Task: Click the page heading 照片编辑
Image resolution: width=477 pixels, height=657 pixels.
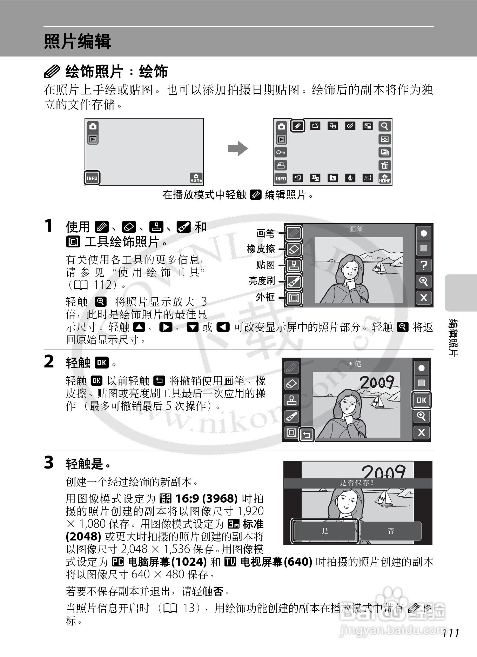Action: [78, 41]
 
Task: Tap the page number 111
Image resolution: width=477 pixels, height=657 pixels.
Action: [451, 633]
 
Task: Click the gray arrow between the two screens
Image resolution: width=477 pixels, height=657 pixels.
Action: [238, 148]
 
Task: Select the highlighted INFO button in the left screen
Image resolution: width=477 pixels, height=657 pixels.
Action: [92, 178]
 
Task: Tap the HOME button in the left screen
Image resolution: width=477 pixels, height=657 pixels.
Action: [196, 178]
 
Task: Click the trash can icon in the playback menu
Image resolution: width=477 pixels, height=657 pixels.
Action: [385, 165]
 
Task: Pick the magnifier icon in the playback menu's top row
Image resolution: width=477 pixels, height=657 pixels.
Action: [385, 126]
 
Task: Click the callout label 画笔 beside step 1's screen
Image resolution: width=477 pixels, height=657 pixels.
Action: [266, 233]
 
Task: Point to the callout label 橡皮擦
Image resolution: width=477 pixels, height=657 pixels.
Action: [261, 248]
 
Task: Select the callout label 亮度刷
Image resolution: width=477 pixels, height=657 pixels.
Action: [262, 281]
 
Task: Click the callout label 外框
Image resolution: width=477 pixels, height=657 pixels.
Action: [266, 297]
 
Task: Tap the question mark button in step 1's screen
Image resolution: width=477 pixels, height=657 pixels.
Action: [424, 265]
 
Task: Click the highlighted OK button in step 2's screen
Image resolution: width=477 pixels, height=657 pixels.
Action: [421, 400]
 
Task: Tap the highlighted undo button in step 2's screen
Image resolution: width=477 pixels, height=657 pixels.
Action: [307, 435]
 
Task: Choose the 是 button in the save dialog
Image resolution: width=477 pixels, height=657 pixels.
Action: [325, 531]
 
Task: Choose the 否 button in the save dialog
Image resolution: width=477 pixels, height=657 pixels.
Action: [391, 531]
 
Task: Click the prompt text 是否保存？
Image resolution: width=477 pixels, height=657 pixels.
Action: [357, 483]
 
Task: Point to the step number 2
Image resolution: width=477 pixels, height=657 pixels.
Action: [49, 362]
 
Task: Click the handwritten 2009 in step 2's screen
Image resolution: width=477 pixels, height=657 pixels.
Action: [377, 382]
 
